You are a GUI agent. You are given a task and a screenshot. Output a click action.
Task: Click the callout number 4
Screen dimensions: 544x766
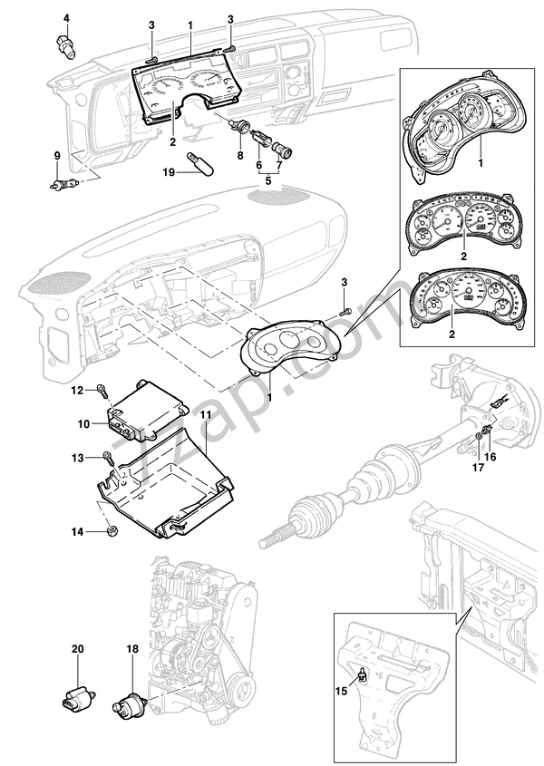66,18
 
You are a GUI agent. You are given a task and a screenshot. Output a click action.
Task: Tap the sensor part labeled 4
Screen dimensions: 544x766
64,45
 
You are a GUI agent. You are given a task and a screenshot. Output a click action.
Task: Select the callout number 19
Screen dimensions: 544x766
169,172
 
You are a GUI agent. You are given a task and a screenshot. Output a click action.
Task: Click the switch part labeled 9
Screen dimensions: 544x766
64,185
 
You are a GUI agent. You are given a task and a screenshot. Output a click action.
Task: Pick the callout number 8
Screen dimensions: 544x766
240,156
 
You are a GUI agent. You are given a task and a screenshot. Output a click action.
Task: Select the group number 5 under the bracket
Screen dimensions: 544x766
267,181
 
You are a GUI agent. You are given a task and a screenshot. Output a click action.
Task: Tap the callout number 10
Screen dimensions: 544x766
83,423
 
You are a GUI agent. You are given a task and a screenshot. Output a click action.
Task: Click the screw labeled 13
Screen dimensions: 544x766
108,460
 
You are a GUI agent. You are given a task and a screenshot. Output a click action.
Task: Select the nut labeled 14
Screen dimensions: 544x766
111,530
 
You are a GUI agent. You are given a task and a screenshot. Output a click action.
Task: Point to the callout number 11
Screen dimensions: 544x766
206,414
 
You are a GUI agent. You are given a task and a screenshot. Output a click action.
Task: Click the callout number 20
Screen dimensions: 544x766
78,649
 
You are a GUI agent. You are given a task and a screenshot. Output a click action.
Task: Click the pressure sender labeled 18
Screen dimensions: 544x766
130,702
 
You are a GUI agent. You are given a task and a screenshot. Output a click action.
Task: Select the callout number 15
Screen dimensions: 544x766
342,691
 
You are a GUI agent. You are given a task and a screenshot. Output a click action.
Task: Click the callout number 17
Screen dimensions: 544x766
478,468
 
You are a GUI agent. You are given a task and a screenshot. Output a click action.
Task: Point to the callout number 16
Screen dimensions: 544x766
491,457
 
